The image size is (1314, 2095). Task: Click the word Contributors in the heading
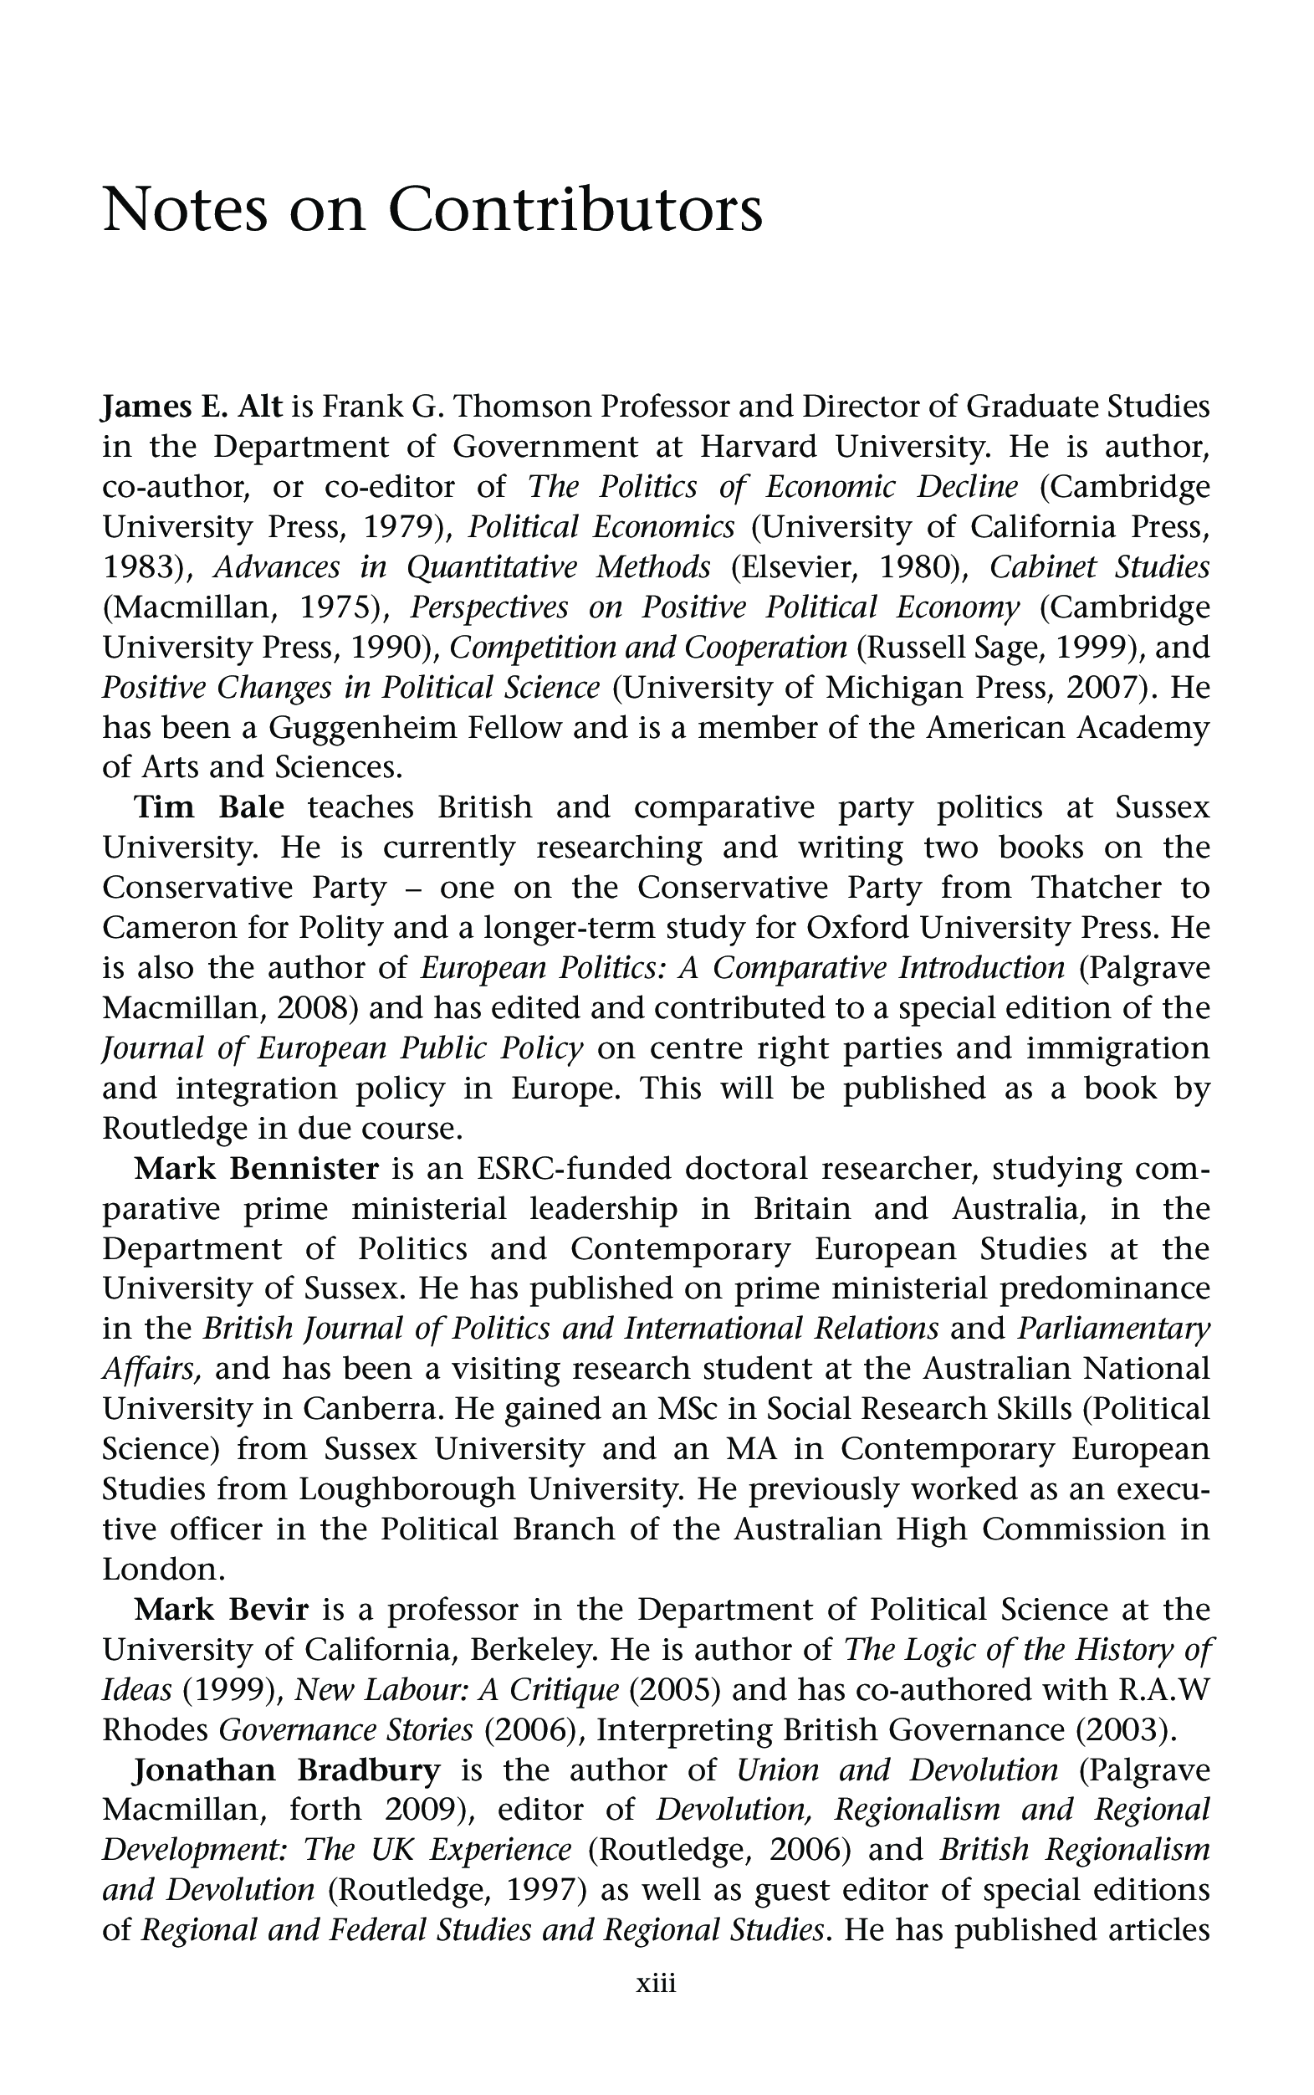pos(575,210)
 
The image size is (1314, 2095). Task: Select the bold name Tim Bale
pos(209,807)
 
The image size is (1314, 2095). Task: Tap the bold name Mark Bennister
pos(257,1168)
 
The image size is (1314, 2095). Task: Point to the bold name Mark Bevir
pos(222,1610)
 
